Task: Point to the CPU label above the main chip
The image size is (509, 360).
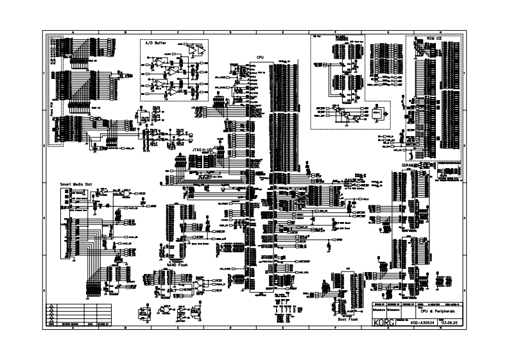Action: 260,57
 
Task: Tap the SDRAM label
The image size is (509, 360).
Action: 409,165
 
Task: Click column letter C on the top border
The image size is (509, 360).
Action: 177,32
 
